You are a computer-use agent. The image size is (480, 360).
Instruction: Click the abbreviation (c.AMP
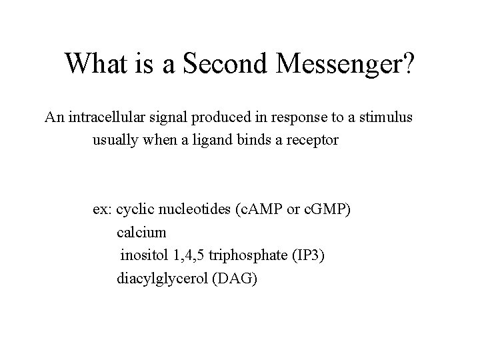point(257,210)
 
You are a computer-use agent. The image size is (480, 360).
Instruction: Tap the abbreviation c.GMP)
point(327,210)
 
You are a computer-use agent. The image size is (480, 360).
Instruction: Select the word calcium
point(141,233)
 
